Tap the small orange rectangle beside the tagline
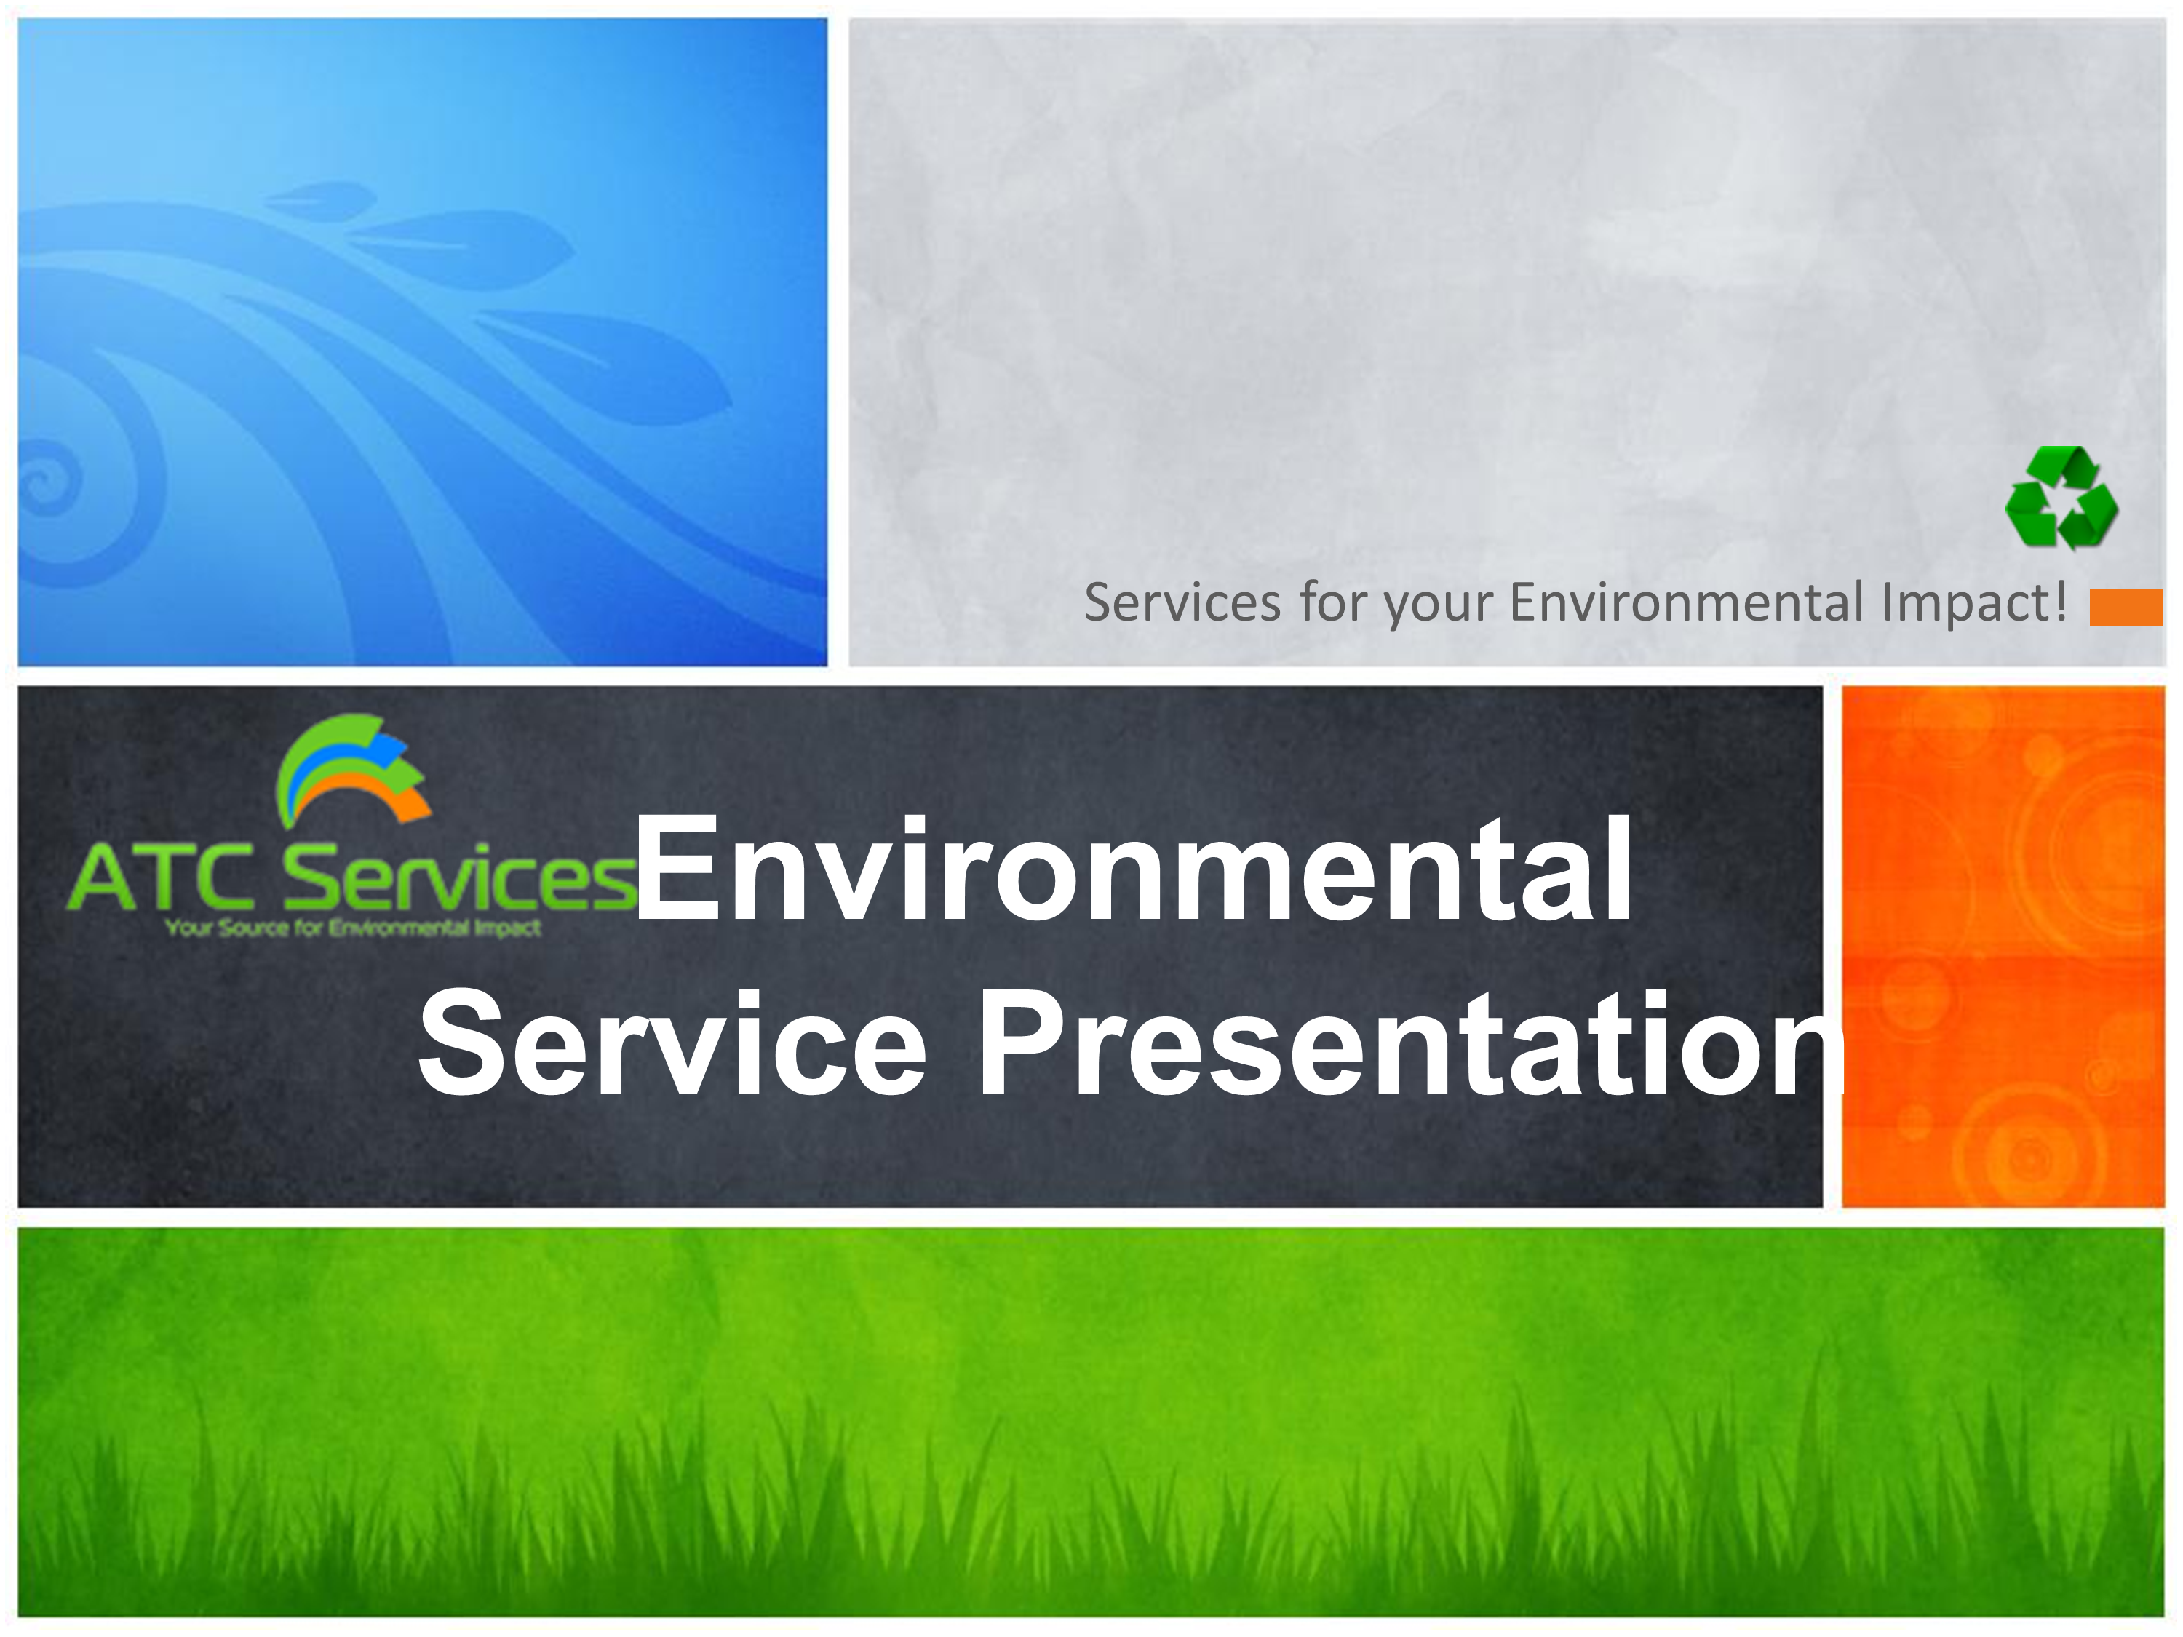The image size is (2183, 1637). [2126, 607]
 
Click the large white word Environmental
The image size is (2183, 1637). [1133, 869]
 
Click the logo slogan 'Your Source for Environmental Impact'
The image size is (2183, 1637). [354, 928]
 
